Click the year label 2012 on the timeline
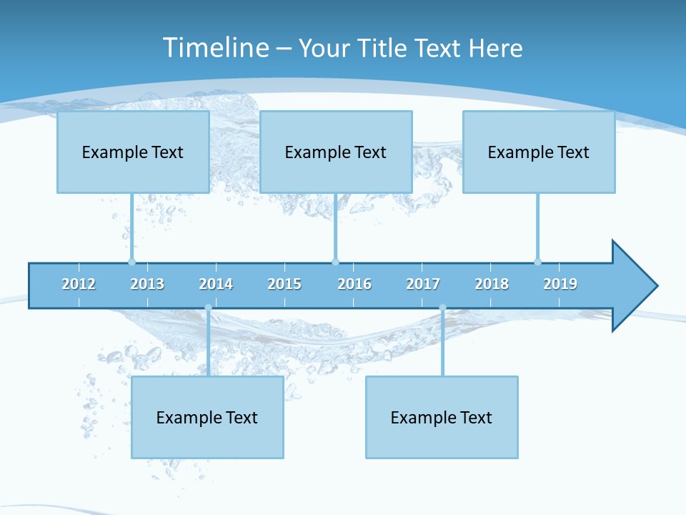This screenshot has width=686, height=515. point(79,284)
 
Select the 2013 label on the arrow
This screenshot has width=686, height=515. point(147,284)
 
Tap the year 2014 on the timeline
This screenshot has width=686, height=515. point(216,284)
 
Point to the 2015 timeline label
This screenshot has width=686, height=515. point(284,284)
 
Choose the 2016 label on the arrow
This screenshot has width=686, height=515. point(354,284)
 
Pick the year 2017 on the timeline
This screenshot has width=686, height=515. point(423,284)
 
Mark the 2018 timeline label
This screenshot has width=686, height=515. point(492,284)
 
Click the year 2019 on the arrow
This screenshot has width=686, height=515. point(560,284)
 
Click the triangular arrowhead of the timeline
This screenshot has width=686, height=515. point(633,286)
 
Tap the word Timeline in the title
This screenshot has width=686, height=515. point(214,48)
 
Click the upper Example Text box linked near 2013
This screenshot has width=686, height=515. point(133,152)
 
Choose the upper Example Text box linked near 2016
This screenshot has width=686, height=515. point(336,152)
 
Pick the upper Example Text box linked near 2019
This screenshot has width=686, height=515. point(539,152)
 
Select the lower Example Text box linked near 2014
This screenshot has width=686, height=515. point(207,417)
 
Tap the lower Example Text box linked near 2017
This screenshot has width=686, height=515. point(442,417)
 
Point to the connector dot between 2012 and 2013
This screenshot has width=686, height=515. point(131,262)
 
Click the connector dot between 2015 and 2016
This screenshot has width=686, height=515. point(335,262)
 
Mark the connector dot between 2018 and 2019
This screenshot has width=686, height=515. point(537,262)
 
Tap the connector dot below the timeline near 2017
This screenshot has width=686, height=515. point(442,308)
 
